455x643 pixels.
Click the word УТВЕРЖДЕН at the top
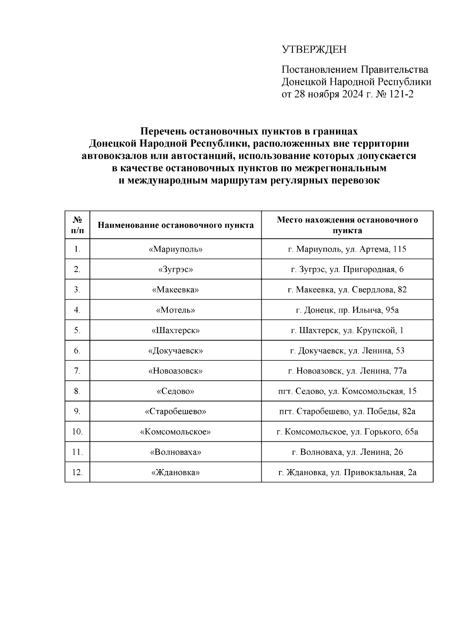point(314,50)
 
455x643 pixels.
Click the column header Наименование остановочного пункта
point(176,225)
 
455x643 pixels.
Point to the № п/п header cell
point(77,225)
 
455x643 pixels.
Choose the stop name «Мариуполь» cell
point(176,249)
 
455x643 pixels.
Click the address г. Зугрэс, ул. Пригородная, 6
point(347,269)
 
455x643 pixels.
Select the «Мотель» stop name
point(176,310)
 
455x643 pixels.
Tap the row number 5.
point(77,330)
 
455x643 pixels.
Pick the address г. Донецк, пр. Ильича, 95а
point(347,310)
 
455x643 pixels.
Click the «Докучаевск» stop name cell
point(176,351)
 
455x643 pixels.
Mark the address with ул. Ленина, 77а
point(347,371)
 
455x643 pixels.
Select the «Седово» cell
point(176,391)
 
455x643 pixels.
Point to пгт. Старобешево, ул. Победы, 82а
point(347,411)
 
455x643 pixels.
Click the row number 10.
point(77,432)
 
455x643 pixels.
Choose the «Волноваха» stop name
point(176,452)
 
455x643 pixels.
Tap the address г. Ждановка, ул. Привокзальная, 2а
point(347,472)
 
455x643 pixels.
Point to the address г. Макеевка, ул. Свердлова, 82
point(347,290)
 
